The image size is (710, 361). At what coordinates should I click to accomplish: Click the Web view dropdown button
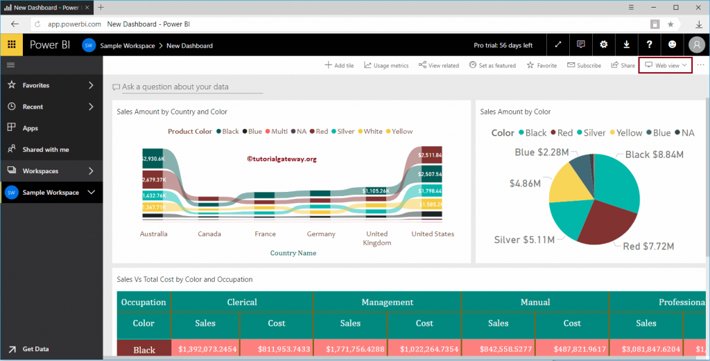coord(666,65)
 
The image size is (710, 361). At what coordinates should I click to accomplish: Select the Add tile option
coord(339,65)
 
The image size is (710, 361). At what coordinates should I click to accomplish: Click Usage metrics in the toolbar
coord(386,65)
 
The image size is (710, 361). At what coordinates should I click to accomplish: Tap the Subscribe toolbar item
coord(584,65)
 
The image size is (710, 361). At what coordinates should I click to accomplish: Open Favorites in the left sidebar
coord(36,85)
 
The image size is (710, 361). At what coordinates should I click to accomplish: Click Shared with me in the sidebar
coord(46,150)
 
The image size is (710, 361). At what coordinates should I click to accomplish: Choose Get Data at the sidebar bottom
coord(35,349)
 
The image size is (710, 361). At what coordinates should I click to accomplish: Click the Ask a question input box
coord(187,87)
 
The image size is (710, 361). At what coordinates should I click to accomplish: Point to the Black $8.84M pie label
coord(655,155)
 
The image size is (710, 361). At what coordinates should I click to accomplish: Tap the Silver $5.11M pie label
coord(524,240)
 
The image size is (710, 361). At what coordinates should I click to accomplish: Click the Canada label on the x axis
coord(209,234)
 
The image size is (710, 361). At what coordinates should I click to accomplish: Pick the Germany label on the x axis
coord(321,234)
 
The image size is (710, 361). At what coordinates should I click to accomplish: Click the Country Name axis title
coord(293,253)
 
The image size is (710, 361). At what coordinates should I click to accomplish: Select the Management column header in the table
coord(387,302)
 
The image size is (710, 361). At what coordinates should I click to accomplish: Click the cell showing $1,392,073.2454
coord(207,350)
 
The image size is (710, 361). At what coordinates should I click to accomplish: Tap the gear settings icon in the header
coord(604,44)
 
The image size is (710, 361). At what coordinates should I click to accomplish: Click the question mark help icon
coord(650,44)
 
